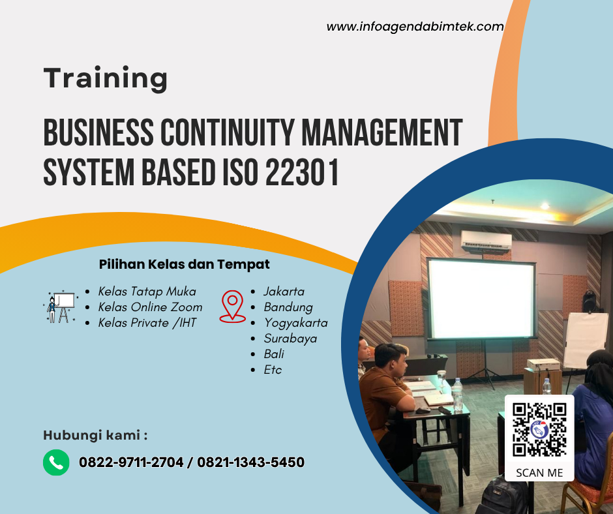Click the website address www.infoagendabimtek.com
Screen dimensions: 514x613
point(415,27)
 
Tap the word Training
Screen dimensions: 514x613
point(106,78)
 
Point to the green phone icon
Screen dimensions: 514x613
point(56,462)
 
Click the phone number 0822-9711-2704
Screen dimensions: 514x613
point(131,462)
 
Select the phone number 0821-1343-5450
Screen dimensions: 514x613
point(250,462)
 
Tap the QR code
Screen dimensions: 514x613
point(539,430)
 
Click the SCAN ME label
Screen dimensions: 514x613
point(539,473)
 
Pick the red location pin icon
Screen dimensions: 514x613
point(232,307)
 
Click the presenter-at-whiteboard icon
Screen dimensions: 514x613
point(60,307)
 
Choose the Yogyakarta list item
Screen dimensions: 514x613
point(295,322)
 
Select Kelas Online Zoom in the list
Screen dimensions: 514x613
point(150,307)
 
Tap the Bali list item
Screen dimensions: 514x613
point(274,354)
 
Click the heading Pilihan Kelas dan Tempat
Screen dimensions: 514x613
point(184,264)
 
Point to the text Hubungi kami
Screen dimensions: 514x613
point(95,435)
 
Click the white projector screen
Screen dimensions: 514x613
point(481,299)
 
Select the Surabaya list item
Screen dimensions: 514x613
point(290,338)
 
